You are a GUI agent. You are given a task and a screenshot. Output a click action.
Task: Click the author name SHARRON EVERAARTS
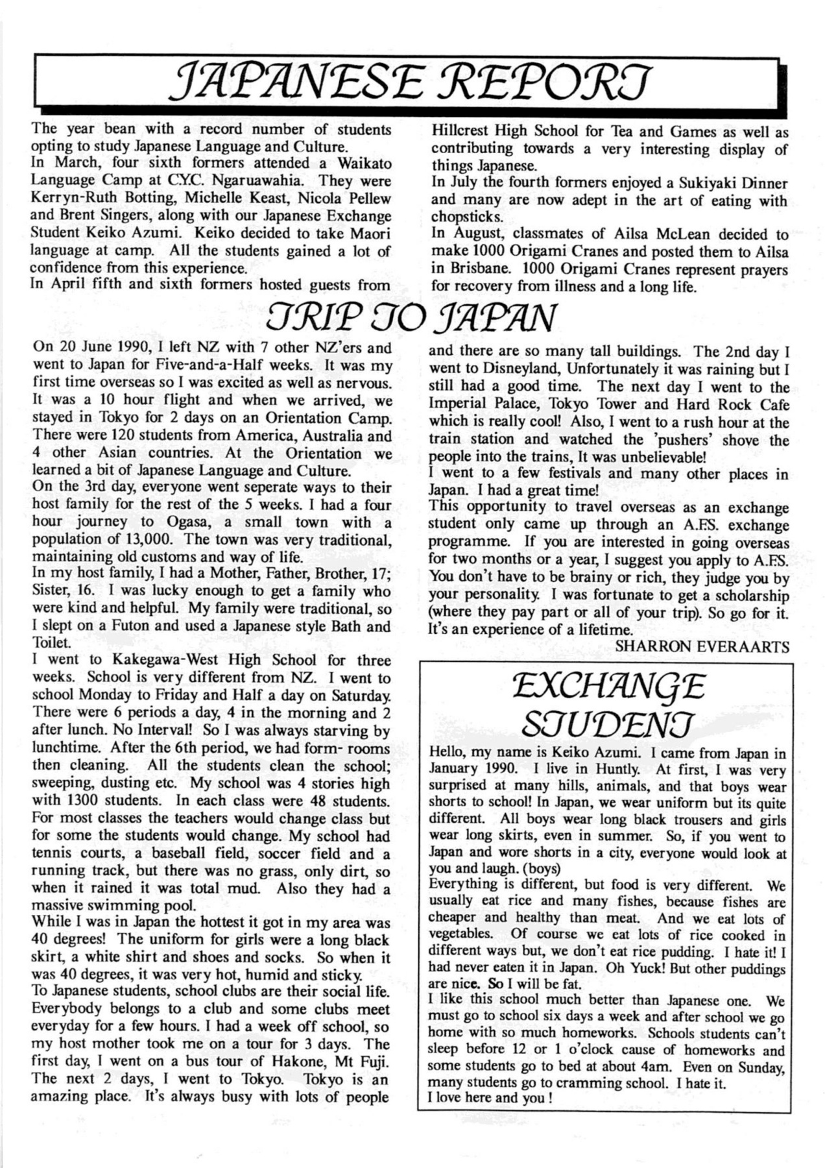702,647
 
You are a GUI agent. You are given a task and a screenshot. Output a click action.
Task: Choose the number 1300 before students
89,801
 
